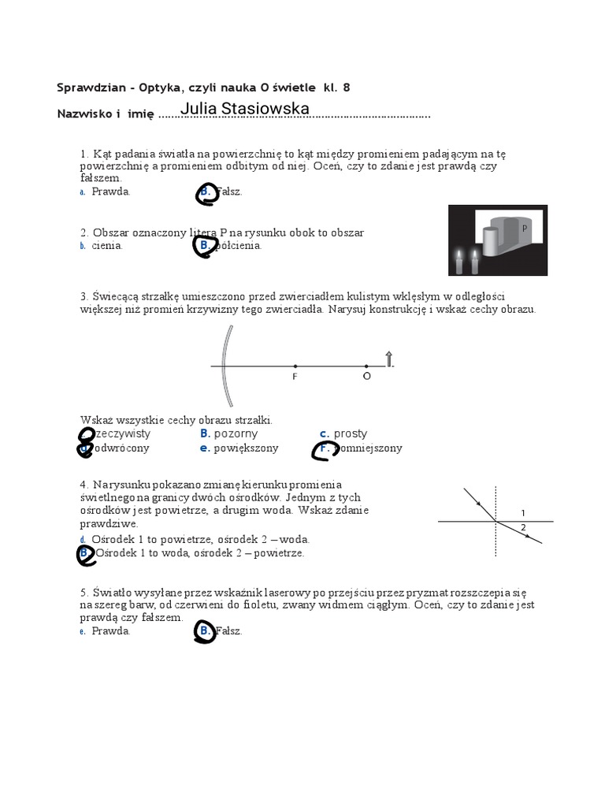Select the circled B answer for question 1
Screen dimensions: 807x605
coord(206,194)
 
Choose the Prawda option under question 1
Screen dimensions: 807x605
coord(110,192)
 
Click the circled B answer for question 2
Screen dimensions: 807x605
coord(204,247)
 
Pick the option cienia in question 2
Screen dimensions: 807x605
coord(107,246)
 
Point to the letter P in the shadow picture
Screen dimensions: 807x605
coord(524,228)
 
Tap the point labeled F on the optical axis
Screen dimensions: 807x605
coord(295,366)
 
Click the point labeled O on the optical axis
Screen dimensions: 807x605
coord(366,366)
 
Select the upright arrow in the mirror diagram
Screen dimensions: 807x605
coord(388,359)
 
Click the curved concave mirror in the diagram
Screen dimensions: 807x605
coord(225,366)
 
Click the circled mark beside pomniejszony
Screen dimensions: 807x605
coord(324,450)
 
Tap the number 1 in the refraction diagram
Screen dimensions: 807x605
coord(523,513)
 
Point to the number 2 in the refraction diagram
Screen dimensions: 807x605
coord(523,527)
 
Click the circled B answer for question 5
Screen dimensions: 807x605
coord(205,632)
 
